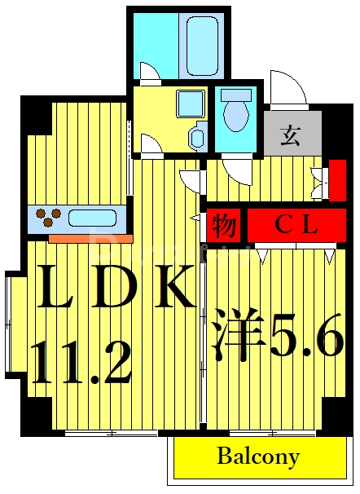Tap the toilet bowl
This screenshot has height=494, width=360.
tap(236, 113)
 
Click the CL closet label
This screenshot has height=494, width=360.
tap(295, 224)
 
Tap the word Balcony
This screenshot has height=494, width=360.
tap(257, 457)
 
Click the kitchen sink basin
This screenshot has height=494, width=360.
tap(94, 218)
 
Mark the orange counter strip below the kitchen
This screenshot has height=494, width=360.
tap(90, 239)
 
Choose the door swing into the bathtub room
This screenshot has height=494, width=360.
tap(150, 74)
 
